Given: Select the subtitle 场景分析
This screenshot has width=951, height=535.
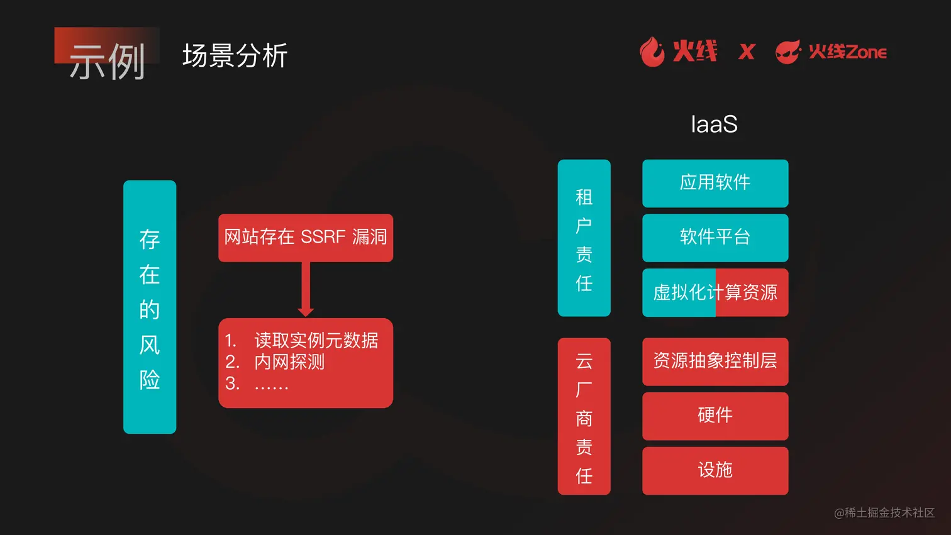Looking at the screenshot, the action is pos(235,56).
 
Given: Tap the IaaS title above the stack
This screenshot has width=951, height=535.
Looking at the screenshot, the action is pos(714,124).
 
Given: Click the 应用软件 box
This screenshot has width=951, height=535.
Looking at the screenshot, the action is pos(715,183).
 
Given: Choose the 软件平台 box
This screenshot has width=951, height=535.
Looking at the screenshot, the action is pos(715,238).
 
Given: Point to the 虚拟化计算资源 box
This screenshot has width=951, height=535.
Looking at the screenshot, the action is pos(715,292).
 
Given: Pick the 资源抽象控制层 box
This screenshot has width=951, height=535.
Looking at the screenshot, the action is pos(715,361).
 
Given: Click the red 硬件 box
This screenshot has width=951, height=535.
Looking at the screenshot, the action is pos(715,416).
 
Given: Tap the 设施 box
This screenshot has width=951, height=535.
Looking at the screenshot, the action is pos(715,470).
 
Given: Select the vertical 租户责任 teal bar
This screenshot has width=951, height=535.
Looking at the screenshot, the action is pos(584,238).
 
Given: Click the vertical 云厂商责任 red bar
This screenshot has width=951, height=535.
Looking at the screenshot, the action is pos(584,416).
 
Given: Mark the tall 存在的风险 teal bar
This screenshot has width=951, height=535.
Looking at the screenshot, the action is pos(150,307).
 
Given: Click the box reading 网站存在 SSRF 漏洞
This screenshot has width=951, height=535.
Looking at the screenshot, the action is pos(306,238).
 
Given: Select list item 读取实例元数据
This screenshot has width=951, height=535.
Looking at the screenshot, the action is pos(316,341).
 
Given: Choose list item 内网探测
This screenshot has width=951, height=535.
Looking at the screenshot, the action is pos(289,362).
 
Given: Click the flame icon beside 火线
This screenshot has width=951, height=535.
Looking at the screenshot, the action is pos(652,52).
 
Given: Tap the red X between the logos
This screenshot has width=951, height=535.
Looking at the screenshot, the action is pos(747,52).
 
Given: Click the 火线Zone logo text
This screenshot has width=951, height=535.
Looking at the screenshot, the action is pos(847,52).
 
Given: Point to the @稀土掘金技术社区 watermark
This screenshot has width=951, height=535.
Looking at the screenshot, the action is pos(884,513).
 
